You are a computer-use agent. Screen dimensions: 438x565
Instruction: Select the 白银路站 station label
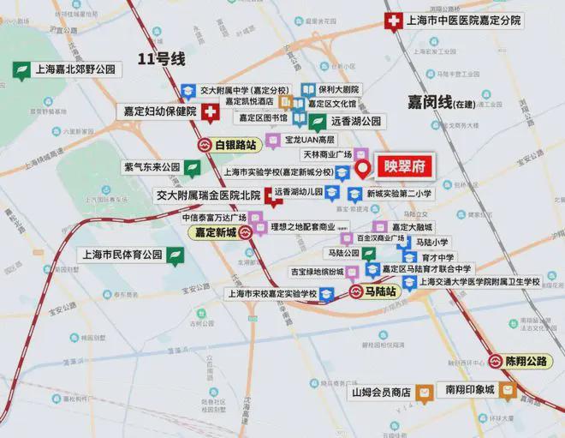point(235,145)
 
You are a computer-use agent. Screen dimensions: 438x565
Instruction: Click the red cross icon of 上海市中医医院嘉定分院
point(395,23)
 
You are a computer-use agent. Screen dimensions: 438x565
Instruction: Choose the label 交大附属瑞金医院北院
point(207,195)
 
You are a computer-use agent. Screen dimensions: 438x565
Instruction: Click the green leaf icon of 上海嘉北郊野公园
point(20,70)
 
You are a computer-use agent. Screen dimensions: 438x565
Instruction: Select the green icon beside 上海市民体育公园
point(174,255)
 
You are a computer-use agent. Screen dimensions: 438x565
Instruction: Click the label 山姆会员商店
point(382,393)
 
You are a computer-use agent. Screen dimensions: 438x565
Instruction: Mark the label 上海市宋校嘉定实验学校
point(271,293)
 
